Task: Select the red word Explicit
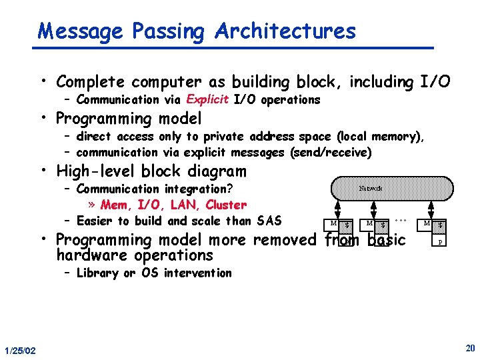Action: point(208,100)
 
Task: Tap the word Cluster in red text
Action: point(226,205)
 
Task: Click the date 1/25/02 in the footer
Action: point(20,351)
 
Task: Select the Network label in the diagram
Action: point(371,188)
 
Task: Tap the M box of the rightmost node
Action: point(427,223)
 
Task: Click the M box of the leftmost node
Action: point(333,223)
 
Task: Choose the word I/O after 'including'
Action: point(433,82)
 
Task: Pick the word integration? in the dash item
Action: point(198,189)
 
